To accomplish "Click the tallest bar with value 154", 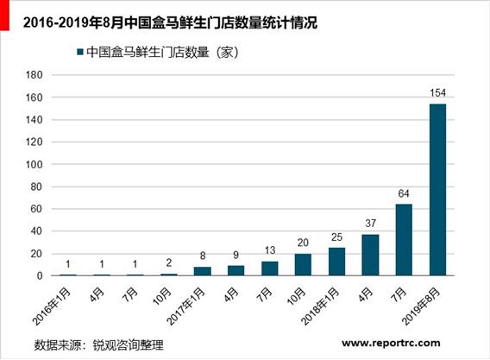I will pyautogui.click(x=437, y=189).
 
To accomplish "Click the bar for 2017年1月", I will pyautogui.click(x=203, y=271).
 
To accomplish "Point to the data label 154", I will pyautogui.click(x=437, y=93).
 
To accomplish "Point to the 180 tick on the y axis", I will pyautogui.click(x=60, y=74).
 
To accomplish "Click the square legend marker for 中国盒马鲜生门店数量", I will pyautogui.click(x=80, y=53).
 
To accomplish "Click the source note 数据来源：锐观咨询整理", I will pyautogui.click(x=98, y=344).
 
